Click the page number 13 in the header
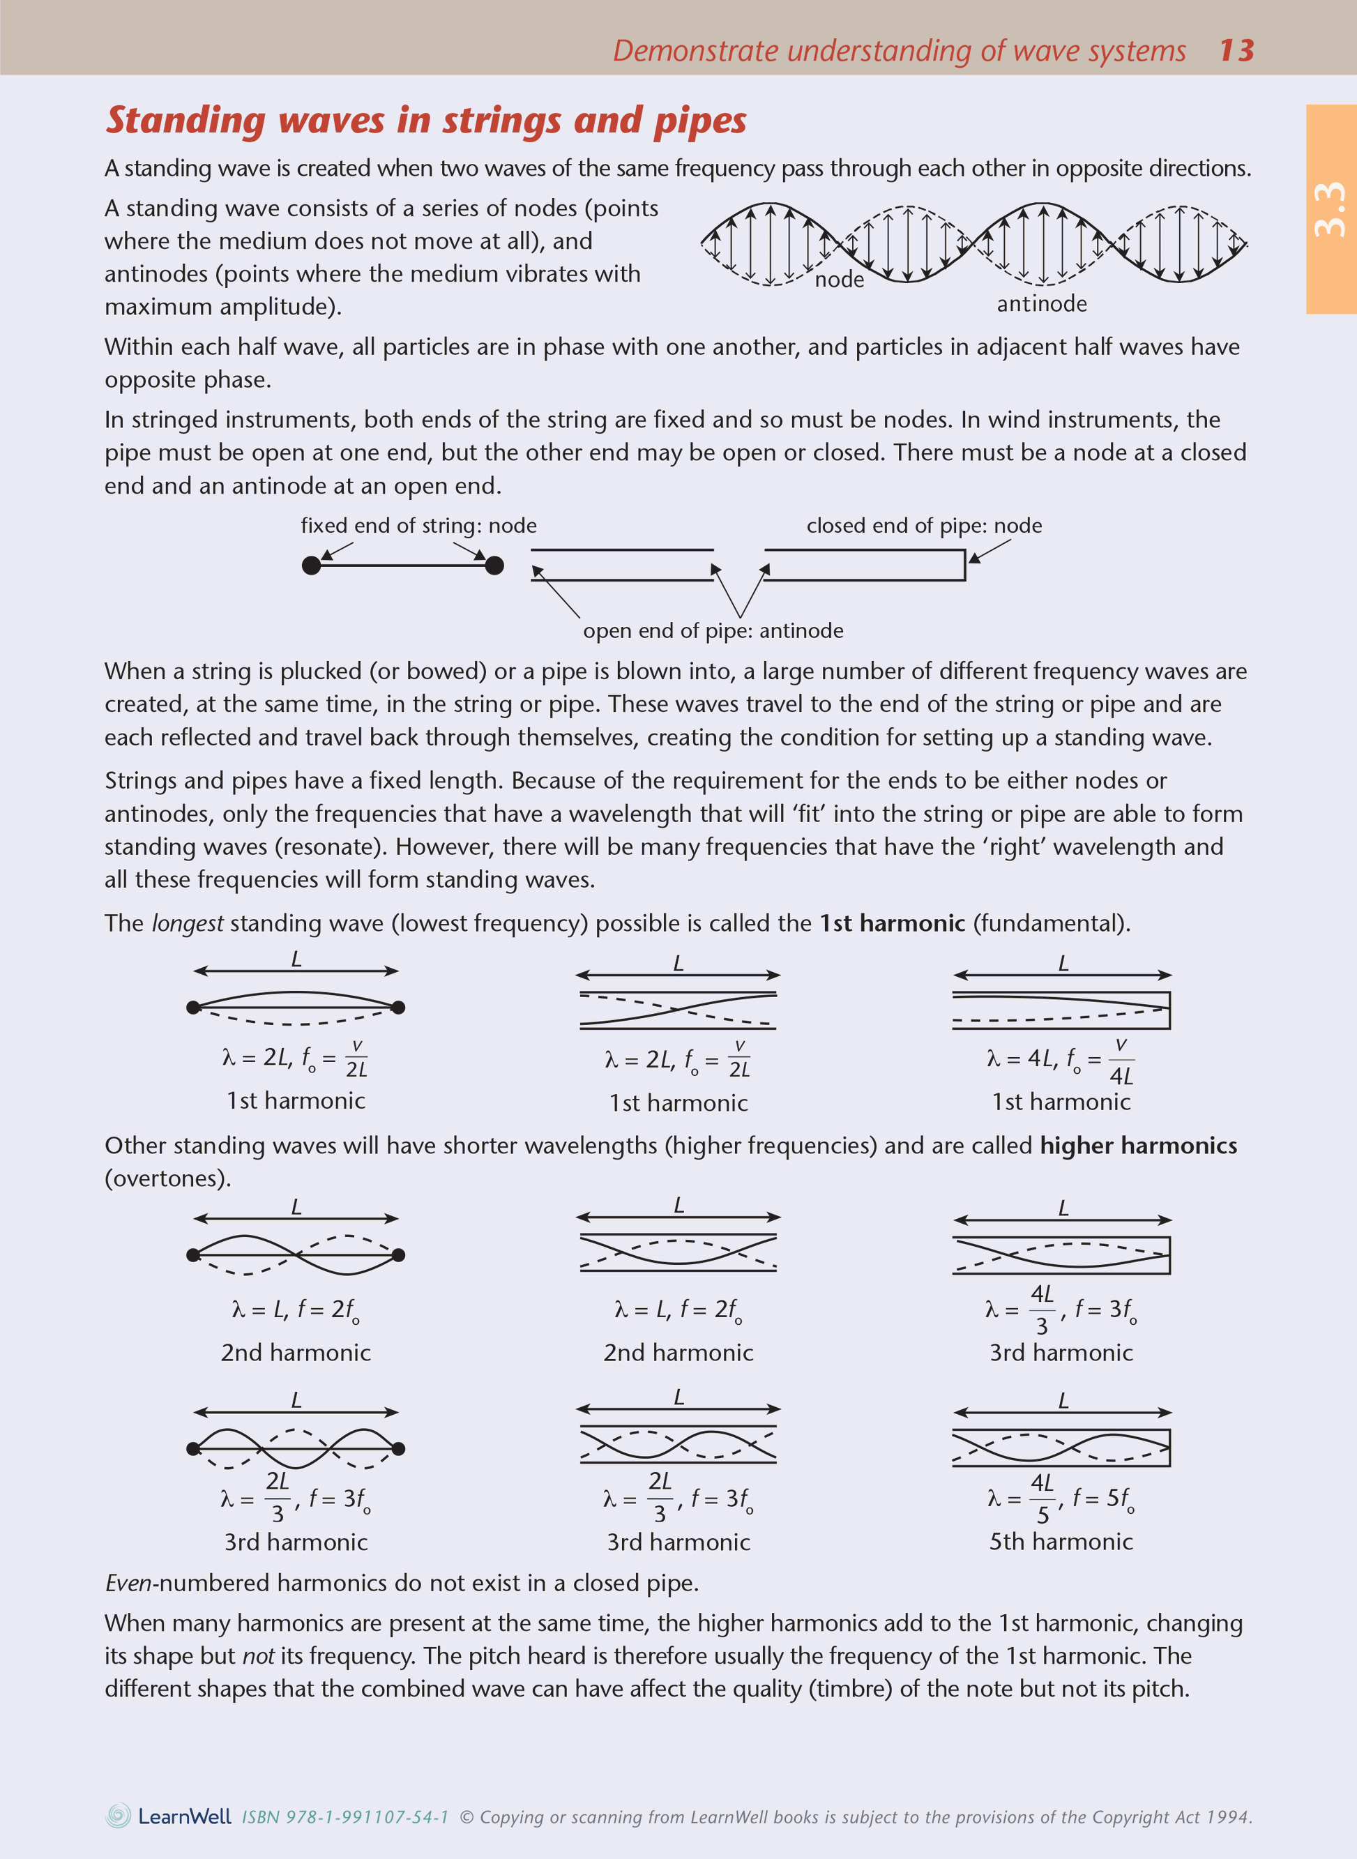1236,51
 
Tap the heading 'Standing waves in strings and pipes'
425,121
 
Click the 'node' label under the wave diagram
839,280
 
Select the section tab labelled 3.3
1330,208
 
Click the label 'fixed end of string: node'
418,526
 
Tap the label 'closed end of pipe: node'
923,526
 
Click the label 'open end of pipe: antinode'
712,631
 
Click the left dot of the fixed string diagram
311,566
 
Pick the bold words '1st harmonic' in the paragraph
891,923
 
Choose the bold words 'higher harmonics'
1137,1146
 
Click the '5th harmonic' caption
1061,1541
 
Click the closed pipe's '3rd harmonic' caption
1061,1352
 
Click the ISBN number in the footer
345,1817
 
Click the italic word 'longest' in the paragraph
188,923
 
